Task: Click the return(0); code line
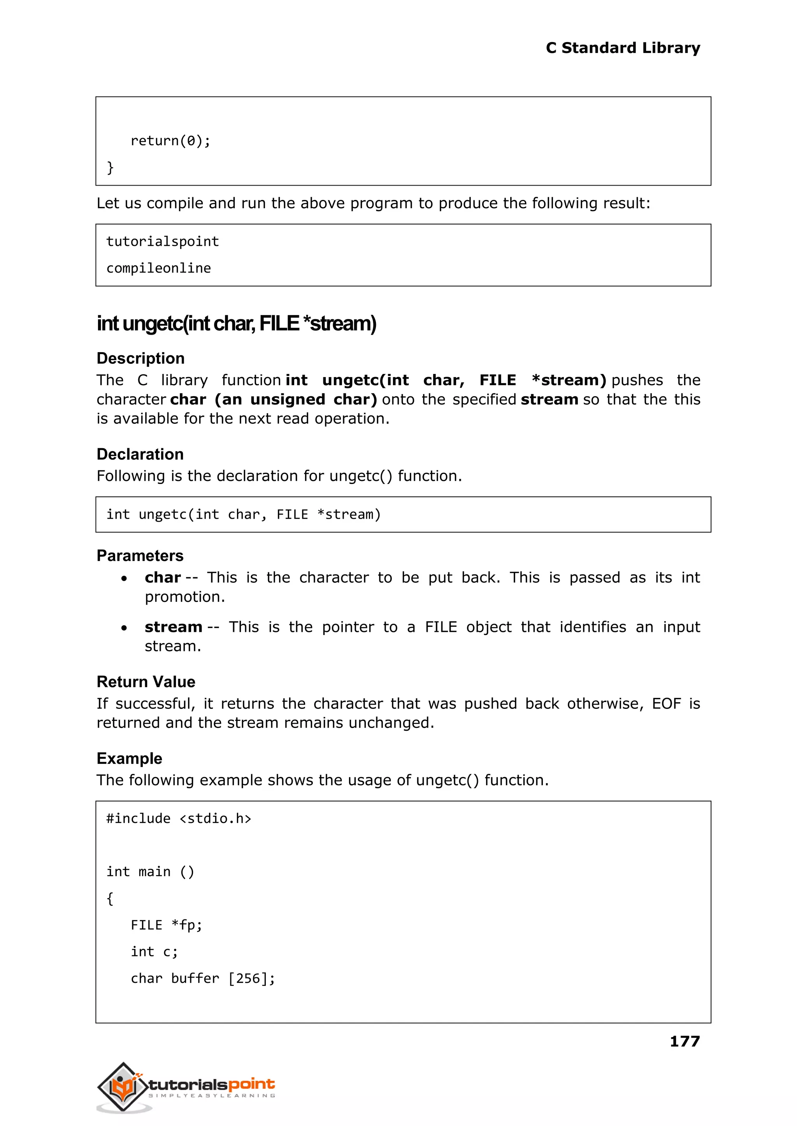tap(170, 141)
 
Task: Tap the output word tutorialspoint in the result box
tap(162, 241)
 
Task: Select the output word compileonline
tap(158, 268)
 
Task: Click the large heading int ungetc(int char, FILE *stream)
tap(236, 324)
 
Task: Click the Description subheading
tap(140, 358)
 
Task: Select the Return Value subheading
tap(146, 682)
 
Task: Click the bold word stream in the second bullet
tap(173, 627)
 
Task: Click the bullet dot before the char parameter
tap(124, 579)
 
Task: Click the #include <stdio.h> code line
tap(179, 818)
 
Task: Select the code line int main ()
tap(150, 872)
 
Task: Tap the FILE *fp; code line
tap(167, 925)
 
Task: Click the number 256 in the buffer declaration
tap(248, 978)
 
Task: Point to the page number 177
tap(685, 1041)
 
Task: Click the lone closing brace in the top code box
tap(110, 167)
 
